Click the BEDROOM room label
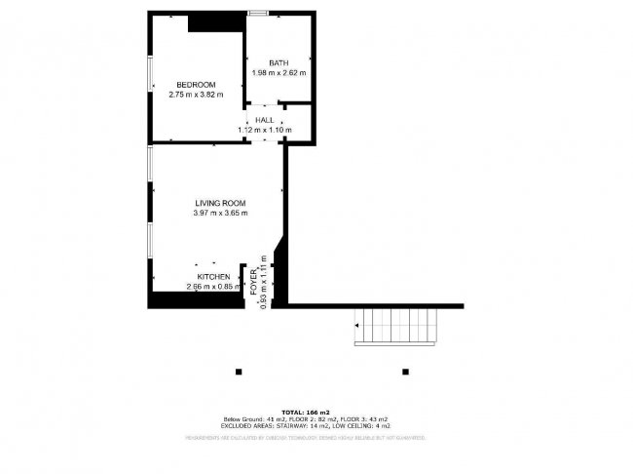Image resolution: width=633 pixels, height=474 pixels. pyautogui.click(x=196, y=84)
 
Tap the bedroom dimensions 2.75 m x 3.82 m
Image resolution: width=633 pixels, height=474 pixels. pyautogui.click(x=196, y=95)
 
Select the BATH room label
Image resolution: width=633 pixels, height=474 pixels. pyautogui.click(x=279, y=63)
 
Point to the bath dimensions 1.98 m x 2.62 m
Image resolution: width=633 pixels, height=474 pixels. pyautogui.click(x=279, y=73)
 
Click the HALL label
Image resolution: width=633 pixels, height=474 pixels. pyautogui.click(x=265, y=119)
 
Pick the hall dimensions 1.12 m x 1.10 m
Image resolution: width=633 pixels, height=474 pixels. pyautogui.click(x=265, y=129)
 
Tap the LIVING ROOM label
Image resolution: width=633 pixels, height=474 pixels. pyautogui.click(x=220, y=203)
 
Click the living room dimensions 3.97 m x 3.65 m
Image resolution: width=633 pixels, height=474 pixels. pyautogui.click(x=220, y=213)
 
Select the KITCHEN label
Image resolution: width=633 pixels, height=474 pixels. pyautogui.click(x=213, y=277)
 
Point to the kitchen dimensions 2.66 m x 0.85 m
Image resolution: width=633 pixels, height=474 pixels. pyautogui.click(x=213, y=287)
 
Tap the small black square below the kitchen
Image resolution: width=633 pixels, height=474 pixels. pyautogui.click(x=238, y=371)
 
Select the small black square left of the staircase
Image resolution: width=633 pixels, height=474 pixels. pyautogui.click(x=405, y=371)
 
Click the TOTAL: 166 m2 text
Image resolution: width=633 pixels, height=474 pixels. pyautogui.click(x=306, y=414)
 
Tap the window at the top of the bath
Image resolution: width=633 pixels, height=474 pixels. pyautogui.click(x=258, y=13)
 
